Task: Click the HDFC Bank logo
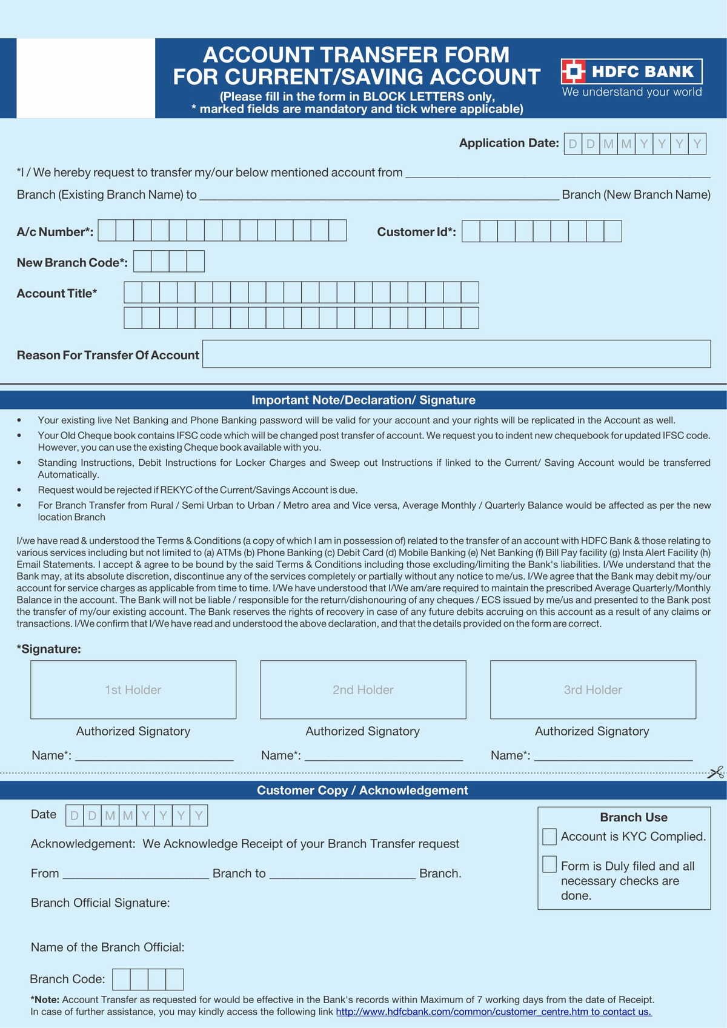pos(631,71)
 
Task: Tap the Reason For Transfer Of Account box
pos(456,354)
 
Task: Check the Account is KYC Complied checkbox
pos(549,837)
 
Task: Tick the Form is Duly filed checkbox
pos(549,864)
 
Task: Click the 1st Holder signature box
pos(133,689)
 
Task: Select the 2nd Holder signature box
pos(363,689)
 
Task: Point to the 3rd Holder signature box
pos(593,689)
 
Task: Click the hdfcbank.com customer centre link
pos(493,1012)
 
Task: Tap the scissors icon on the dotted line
pos(715,772)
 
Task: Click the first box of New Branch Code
pos(142,261)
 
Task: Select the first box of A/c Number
pos(107,230)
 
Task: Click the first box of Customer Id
pos(471,231)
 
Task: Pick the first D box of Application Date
pos(573,144)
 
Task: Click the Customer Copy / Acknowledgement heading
pos(362,790)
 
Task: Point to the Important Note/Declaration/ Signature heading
pos(363,400)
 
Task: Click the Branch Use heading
pos(633,817)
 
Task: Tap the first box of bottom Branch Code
pos(121,979)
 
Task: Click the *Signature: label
pos(49,649)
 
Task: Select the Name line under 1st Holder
pos(154,755)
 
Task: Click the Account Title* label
pos(57,293)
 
